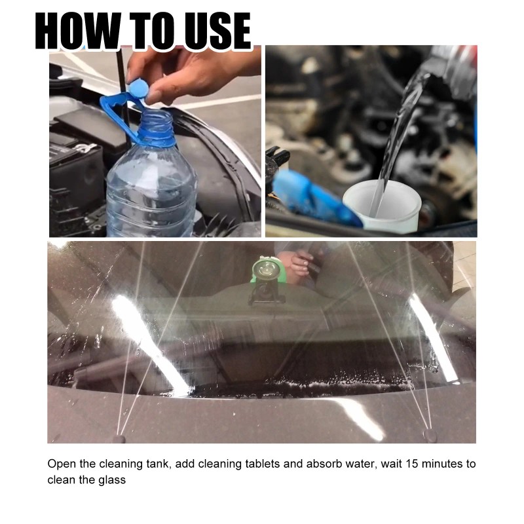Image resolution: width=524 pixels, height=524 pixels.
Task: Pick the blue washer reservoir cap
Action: tap(308, 196)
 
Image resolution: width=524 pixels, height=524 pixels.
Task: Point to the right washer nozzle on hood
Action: tap(430, 434)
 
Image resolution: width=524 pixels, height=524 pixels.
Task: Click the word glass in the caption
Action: tap(112, 480)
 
